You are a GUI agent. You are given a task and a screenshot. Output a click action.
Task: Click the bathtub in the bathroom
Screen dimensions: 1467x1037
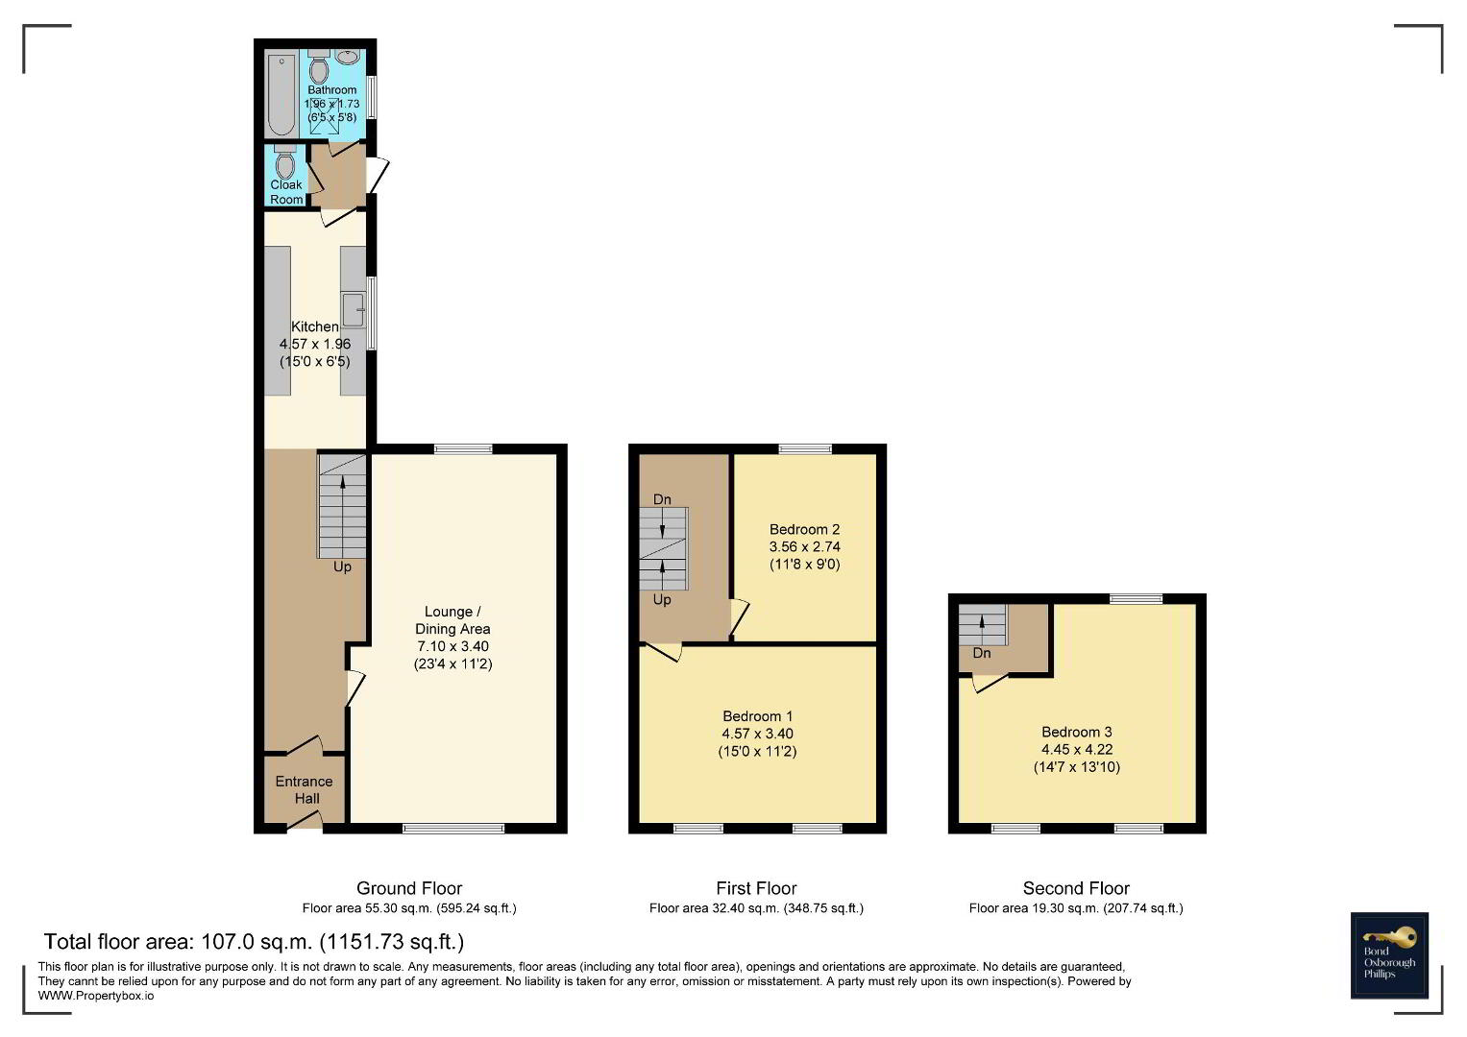click(x=281, y=95)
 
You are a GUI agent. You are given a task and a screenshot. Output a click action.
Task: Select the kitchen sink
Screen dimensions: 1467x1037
click(x=353, y=309)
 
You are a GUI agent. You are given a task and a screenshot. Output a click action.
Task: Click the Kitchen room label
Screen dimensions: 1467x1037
click(x=315, y=326)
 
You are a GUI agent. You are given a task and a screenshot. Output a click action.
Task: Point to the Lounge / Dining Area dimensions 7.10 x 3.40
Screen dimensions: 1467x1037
click(x=453, y=646)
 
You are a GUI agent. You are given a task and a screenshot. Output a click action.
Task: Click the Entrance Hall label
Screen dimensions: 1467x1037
click(x=305, y=790)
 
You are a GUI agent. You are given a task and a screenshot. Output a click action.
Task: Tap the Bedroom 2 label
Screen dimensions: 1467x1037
click(x=804, y=530)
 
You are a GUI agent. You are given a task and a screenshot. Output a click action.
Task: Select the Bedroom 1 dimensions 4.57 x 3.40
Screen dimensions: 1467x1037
click(x=758, y=734)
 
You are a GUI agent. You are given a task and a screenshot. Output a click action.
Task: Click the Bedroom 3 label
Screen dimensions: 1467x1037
click(x=1077, y=732)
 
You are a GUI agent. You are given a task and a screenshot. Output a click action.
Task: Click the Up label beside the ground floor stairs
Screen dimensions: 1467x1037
click(x=343, y=567)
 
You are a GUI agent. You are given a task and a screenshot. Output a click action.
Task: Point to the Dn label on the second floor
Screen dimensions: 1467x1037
click(x=982, y=653)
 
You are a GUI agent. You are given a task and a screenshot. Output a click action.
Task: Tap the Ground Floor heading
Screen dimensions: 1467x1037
click(x=409, y=888)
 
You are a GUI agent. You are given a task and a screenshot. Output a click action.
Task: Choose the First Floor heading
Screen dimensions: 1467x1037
click(x=756, y=888)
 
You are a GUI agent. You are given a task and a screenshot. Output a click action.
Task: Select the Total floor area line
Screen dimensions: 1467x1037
click(x=254, y=941)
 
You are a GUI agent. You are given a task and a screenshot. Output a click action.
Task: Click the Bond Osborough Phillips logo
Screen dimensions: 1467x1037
click(x=1389, y=955)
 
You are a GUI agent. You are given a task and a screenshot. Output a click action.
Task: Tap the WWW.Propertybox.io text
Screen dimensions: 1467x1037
click(x=96, y=996)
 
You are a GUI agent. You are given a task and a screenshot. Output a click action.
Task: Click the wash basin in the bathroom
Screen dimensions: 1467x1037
click(x=348, y=57)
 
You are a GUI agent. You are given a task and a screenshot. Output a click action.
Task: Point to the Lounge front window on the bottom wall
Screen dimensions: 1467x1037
click(x=453, y=828)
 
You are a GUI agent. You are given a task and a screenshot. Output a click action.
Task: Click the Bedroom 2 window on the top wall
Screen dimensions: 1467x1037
click(x=805, y=448)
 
